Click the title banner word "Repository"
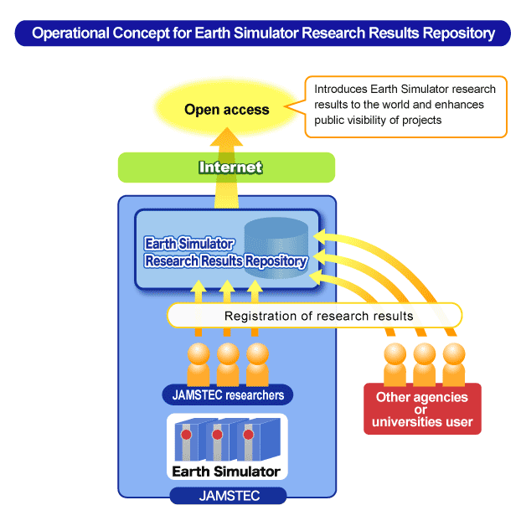tap(458, 34)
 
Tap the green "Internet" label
tap(230, 168)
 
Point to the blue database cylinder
tap(276, 248)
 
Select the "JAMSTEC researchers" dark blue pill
tap(228, 394)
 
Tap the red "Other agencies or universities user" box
tap(422, 409)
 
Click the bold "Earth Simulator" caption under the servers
tap(226, 472)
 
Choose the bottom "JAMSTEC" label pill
tap(228, 496)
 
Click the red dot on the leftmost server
tap(186, 435)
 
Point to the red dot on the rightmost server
tap(248, 435)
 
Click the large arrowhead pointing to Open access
tap(227, 137)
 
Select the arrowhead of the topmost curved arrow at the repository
tap(320, 236)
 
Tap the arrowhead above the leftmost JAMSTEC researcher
tap(199, 286)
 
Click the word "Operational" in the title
tap(71, 34)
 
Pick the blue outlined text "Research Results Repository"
tap(226, 261)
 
